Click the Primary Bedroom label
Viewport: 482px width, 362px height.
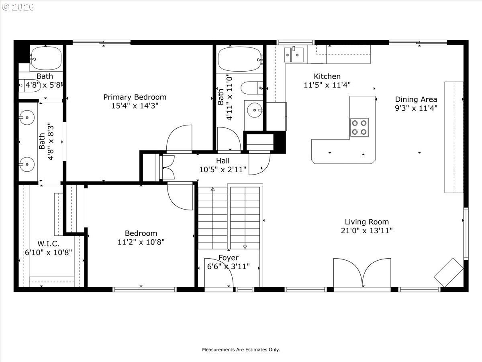(135, 97)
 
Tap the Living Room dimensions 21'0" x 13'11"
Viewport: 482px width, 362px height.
(366, 230)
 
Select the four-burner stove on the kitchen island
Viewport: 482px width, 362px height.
(359, 127)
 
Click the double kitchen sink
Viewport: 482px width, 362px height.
(294, 54)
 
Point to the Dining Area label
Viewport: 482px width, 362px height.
(416, 99)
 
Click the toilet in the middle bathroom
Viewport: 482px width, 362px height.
(251, 87)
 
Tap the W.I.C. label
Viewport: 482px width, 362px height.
(48, 244)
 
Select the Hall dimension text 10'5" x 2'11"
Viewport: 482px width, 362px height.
(223, 169)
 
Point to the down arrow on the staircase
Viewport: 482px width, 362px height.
(245, 247)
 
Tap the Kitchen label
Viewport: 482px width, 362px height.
(327, 76)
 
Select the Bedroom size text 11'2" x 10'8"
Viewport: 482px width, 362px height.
(141, 242)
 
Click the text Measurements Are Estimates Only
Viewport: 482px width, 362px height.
(241, 350)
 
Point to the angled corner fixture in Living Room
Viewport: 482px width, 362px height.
(449, 272)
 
